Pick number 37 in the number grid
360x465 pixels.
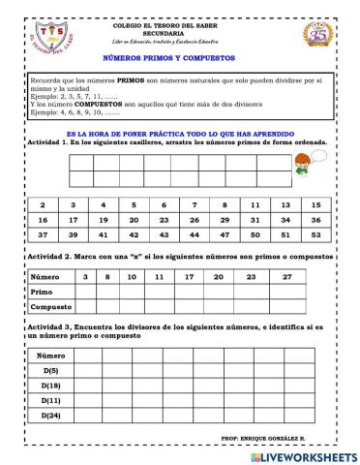pyautogui.click(x=42, y=234)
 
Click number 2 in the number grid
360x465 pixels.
pyautogui.click(x=42, y=205)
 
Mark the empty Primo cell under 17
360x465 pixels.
pyautogui.click(x=190, y=292)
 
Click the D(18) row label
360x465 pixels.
pyautogui.click(x=52, y=385)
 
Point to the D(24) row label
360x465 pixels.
pyautogui.click(x=52, y=416)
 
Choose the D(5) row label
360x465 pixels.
pyautogui.click(x=52, y=370)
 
